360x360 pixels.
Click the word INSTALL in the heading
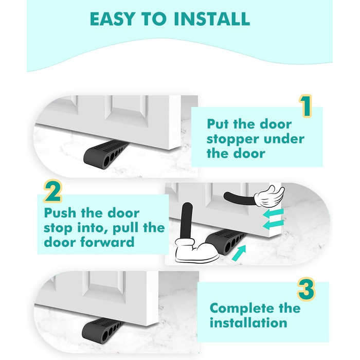212,19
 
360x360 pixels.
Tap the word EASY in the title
113,19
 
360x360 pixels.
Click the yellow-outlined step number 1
305,106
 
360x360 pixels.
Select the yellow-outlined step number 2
53,191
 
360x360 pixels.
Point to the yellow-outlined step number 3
307,289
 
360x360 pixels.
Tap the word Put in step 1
218,124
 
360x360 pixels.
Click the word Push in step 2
60,213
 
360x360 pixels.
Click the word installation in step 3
248,323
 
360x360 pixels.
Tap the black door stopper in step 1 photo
106,153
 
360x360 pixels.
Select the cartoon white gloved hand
269,196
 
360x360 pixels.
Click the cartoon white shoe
196,251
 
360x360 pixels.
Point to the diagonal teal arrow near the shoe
239,253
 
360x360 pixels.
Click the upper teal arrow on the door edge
273,213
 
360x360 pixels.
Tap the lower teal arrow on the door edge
273,224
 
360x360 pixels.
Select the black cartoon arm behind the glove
239,199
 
